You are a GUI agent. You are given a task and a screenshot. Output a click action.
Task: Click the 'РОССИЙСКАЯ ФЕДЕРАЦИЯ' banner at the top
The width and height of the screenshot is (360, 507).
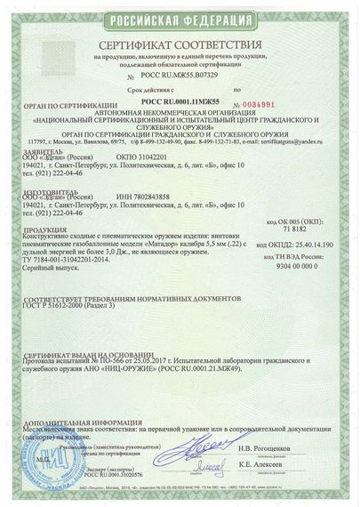(180, 17)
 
